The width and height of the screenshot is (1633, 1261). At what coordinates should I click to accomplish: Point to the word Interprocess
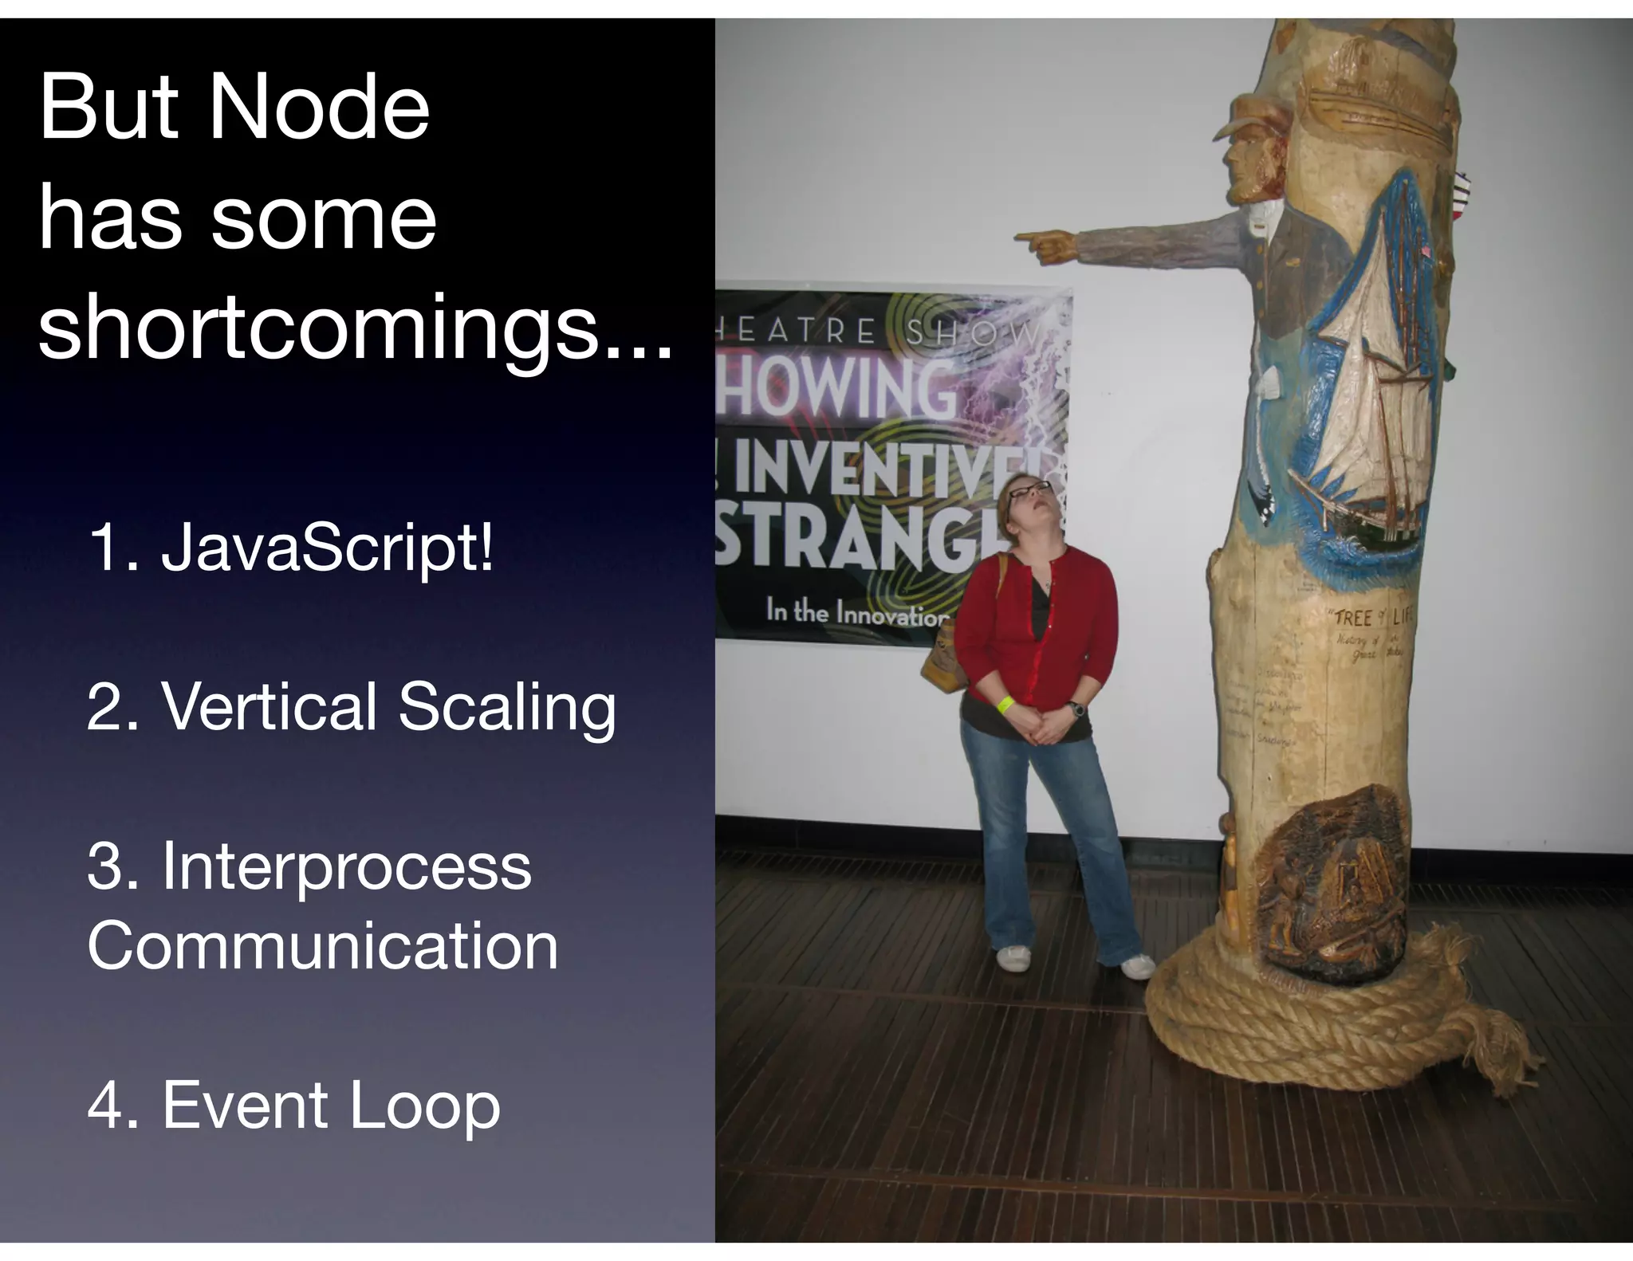346,866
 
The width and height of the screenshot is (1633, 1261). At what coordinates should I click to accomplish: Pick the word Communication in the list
323,946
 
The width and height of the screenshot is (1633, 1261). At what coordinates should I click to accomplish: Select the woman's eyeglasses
1029,489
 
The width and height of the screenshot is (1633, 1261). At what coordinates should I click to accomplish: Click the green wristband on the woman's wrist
1007,704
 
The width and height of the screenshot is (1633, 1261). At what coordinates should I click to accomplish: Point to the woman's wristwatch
1077,708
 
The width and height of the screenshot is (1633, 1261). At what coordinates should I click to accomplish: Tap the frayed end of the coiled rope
1499,1052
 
